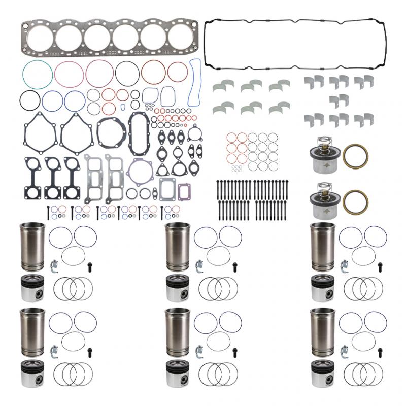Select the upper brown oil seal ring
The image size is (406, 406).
pos(355,156)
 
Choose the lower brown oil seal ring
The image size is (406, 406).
pos(355,202)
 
